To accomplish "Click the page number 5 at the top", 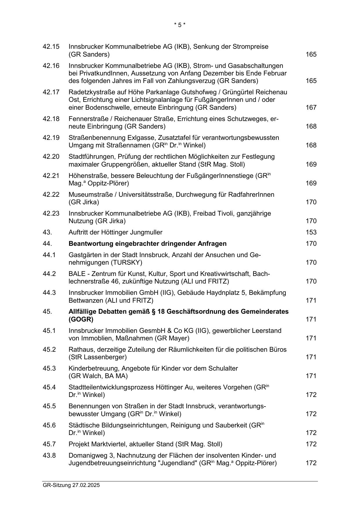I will (180, 25).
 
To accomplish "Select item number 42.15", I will (51, 47).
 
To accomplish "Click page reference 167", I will (311, 108).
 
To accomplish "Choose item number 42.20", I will (51, 157).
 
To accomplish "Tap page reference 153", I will (311, 232).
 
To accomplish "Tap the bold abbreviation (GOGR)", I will (81, 320).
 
